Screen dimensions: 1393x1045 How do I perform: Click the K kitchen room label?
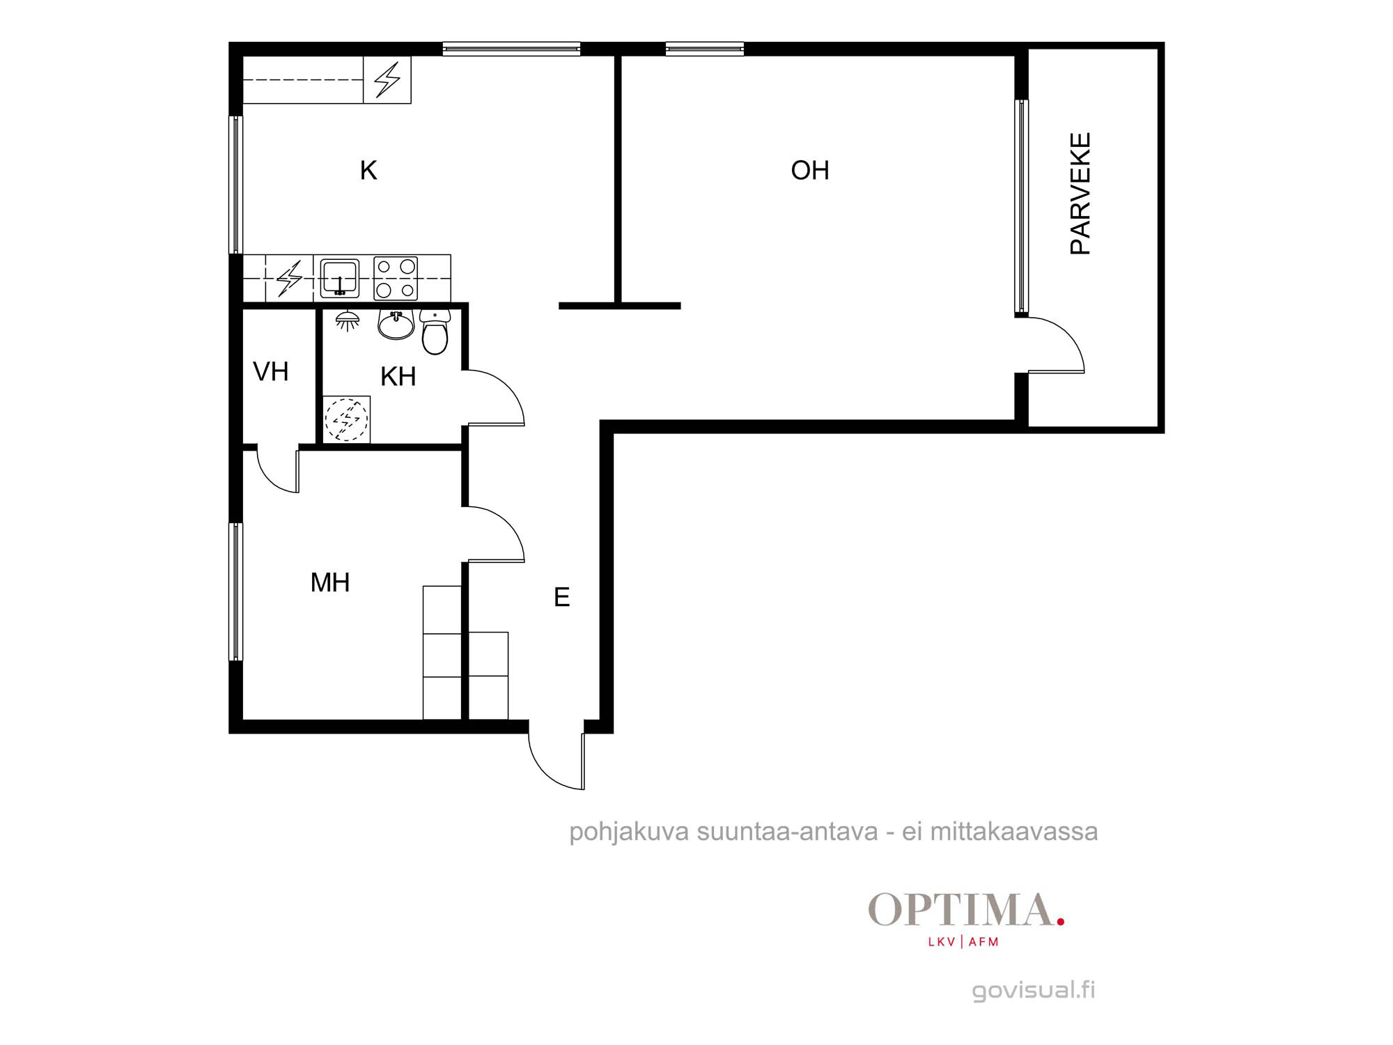[x=368, y=170]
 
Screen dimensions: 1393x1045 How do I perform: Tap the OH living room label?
[x=810, y=170]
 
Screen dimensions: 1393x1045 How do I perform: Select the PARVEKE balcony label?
[x=1080, y=194]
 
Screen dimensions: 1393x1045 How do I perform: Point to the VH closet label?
[x=270, y=371]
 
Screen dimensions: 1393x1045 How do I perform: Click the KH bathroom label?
[x=398, y=376]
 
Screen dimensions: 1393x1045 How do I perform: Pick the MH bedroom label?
[x=330, y=582]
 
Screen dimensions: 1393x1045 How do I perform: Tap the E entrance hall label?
[x=562, y=597]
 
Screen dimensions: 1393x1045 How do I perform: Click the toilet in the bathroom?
[x=435, y=332]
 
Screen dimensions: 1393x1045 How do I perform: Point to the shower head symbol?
[x=348, y=320]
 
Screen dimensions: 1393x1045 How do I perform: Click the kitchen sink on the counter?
[x=339, y=278]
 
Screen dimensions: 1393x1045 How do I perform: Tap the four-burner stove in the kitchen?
[x=396, y=278]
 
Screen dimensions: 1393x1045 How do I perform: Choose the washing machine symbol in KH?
[x=347, y=419]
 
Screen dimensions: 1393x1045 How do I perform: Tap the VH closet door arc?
[x=267, y=480]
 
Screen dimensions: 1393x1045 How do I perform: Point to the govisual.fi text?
[x=1034, y=990]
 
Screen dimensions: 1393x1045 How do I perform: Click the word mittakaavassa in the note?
[x=1014, y=831]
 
